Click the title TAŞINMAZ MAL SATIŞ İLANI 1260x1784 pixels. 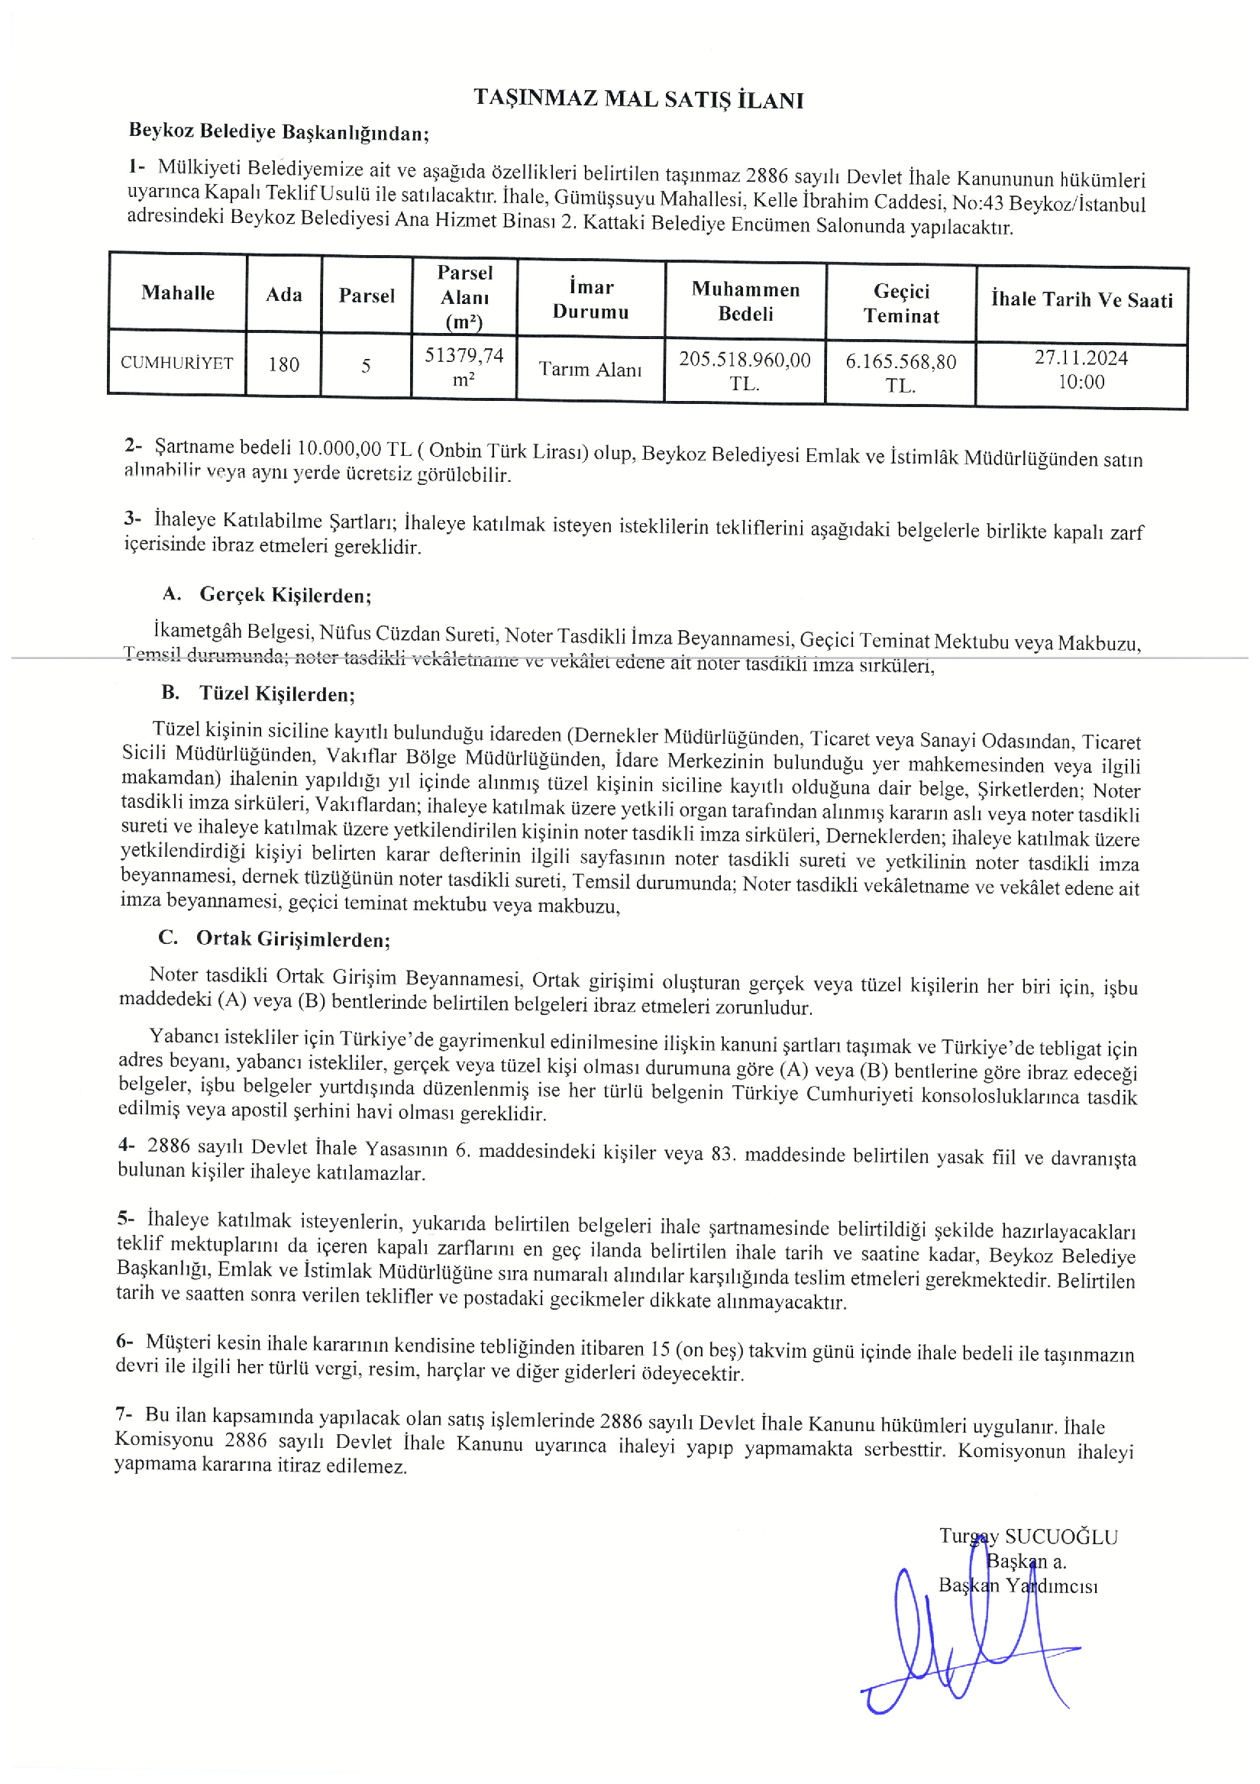(x=638, y=99)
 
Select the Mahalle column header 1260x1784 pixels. (x=178, y=293)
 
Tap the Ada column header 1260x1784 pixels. (x=283, y=295)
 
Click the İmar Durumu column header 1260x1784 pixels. (x=590, y=300)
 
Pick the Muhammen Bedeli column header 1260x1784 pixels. (x=745, y=302)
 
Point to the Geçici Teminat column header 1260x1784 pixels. (x=901, y=304)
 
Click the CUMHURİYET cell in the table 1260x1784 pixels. (x=177, y=363)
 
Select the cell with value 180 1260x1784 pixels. (x=283, y=364)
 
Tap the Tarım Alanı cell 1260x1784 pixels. (x=590, y=370)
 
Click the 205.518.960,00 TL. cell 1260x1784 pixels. (x=745, y=371)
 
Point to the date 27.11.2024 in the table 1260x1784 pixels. (x=1081, y=358)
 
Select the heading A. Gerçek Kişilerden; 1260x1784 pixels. (x=267, y=595)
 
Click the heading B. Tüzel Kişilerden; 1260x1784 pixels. (x=259, y=693)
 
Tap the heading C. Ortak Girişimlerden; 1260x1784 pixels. (x=274, y=939)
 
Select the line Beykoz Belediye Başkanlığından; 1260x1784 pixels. (x=279, y=132)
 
